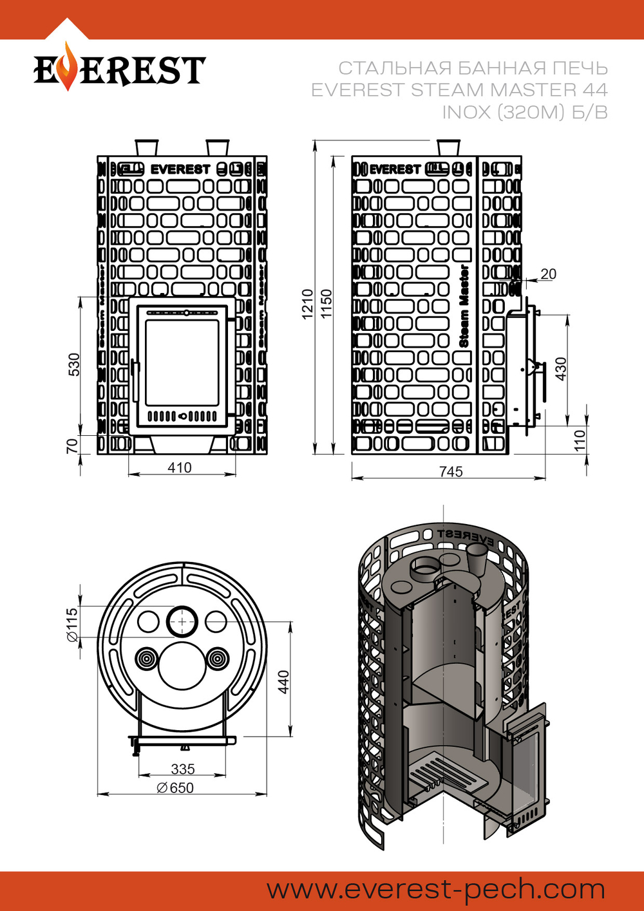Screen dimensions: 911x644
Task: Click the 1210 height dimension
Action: [308, 303]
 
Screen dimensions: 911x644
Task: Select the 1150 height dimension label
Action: [327, 303]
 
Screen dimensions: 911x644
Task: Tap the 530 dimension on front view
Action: [75, 364]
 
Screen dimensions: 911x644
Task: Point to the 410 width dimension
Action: [179, 467]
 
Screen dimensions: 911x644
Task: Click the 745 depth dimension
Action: [451, 472]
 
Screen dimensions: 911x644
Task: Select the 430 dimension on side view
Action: [560, 368]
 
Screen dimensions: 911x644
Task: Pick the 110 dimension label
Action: [580, 440]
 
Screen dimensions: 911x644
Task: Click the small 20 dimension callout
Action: [548, 274]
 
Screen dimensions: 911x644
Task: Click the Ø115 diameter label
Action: [72, 625]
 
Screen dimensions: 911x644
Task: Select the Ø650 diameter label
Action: [175, 787]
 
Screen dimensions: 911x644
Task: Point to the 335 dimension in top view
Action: [183, 769]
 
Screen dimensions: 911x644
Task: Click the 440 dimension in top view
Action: [284, 682]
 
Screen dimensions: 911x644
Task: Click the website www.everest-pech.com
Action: [436, 890]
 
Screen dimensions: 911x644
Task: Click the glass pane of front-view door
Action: [182, 362]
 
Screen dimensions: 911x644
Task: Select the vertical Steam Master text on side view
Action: [464, 306]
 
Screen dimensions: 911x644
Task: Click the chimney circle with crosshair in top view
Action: [184, 621]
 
